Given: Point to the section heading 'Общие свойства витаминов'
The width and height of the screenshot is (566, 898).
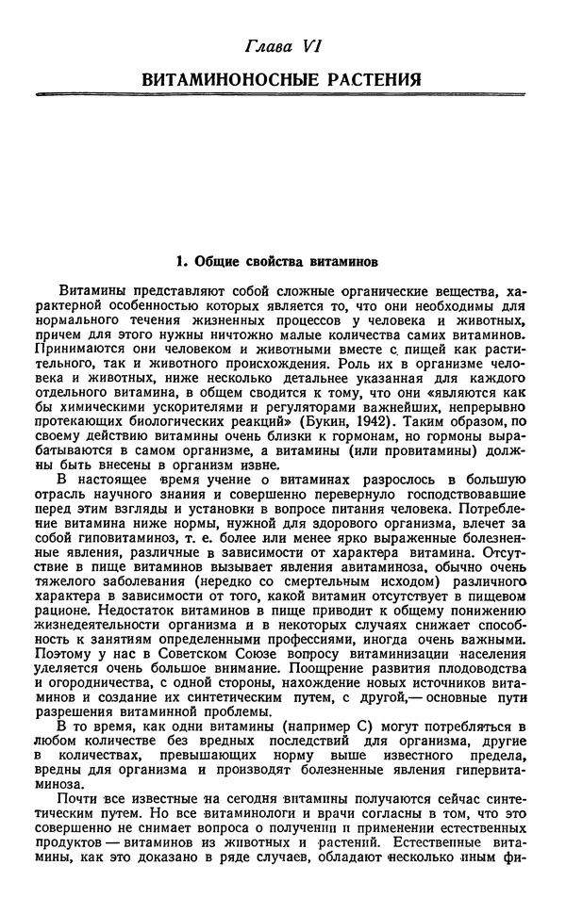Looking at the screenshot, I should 291,255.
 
